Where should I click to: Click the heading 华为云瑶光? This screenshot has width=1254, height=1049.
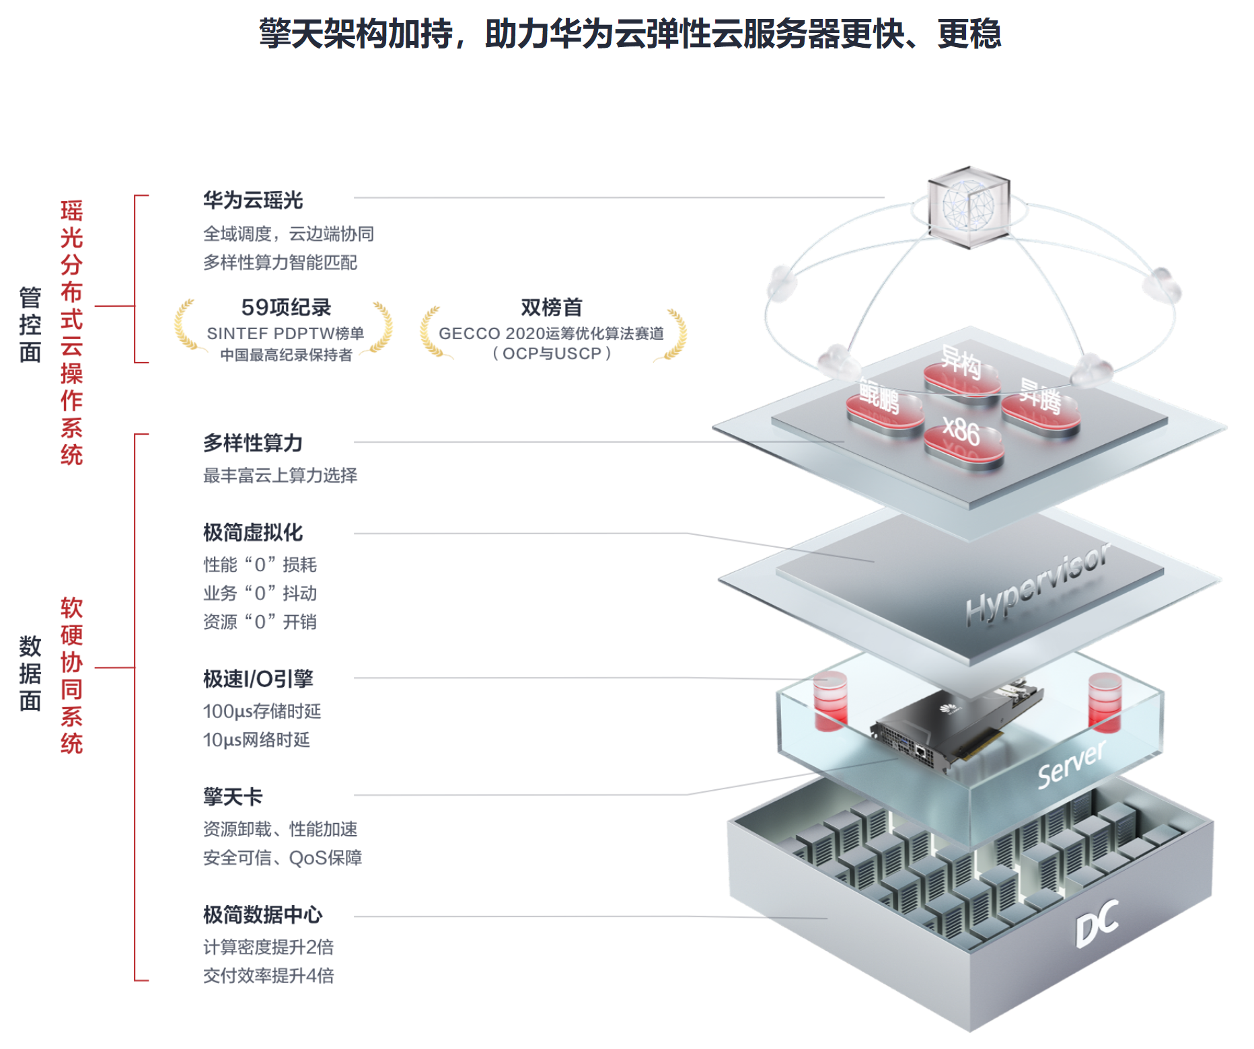point(253,200)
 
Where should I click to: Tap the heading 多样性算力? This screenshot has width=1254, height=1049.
point(253,443)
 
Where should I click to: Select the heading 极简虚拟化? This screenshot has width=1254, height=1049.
point(253,532)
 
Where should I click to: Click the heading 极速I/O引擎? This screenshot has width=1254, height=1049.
point(258,678)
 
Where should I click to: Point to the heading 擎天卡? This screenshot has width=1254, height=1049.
point(233,797)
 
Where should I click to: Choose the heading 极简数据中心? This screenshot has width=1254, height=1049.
point(263,914)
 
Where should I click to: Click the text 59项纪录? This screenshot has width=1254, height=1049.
point(286,308)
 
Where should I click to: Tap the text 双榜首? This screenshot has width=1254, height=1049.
point(551,308)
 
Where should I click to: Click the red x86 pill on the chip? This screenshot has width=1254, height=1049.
point(963,439)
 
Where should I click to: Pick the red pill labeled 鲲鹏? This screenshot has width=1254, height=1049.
point(883,405)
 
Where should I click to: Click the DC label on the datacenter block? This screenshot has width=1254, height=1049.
point(1097,924)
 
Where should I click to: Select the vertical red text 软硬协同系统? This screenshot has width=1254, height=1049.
point(71,674)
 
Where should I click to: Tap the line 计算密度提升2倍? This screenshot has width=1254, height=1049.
point(268,947)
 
